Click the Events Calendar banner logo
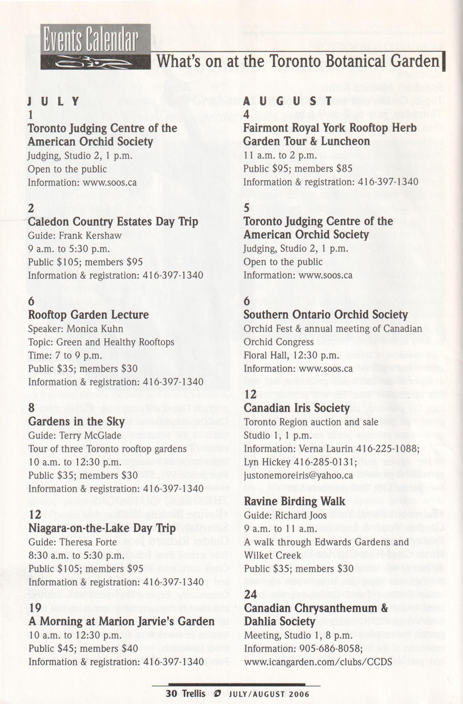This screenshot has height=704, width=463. [x=95, y=46]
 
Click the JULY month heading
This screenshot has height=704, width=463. [x=54, y=102]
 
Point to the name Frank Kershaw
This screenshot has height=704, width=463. [x=90, y=236]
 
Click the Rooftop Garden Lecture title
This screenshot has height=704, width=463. [x=88, y=315]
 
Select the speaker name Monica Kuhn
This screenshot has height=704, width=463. [x=95, y=329]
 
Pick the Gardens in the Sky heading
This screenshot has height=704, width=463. [x=76, y=421]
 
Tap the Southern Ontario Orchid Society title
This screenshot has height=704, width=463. [x=326, y=315]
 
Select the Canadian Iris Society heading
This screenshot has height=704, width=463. [x=297, y=408]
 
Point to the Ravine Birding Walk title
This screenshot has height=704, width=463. [x=295, y=501]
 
